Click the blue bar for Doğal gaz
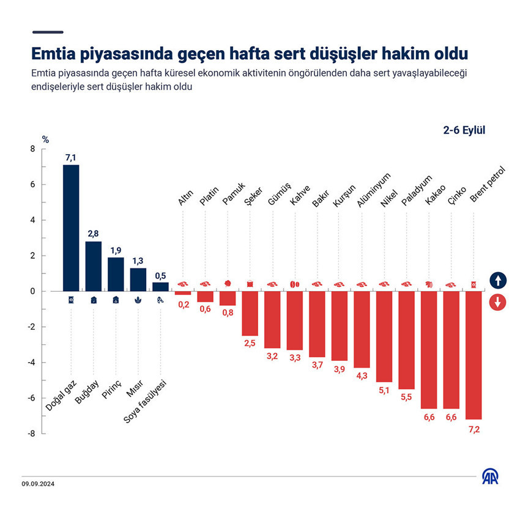coord(71,228)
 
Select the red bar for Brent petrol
coord(474,355)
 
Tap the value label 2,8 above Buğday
coord(93,234)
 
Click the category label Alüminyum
coord(369,190)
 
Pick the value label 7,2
coord(474,429)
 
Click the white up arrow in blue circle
coord(498,281)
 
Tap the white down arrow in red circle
coord(498,302)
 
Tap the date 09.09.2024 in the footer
coord(38,484)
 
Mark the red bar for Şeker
coord(250,313)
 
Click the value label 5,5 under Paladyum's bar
coord(407,399)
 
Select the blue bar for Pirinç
coord(116,274)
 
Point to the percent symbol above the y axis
coord(45,139)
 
